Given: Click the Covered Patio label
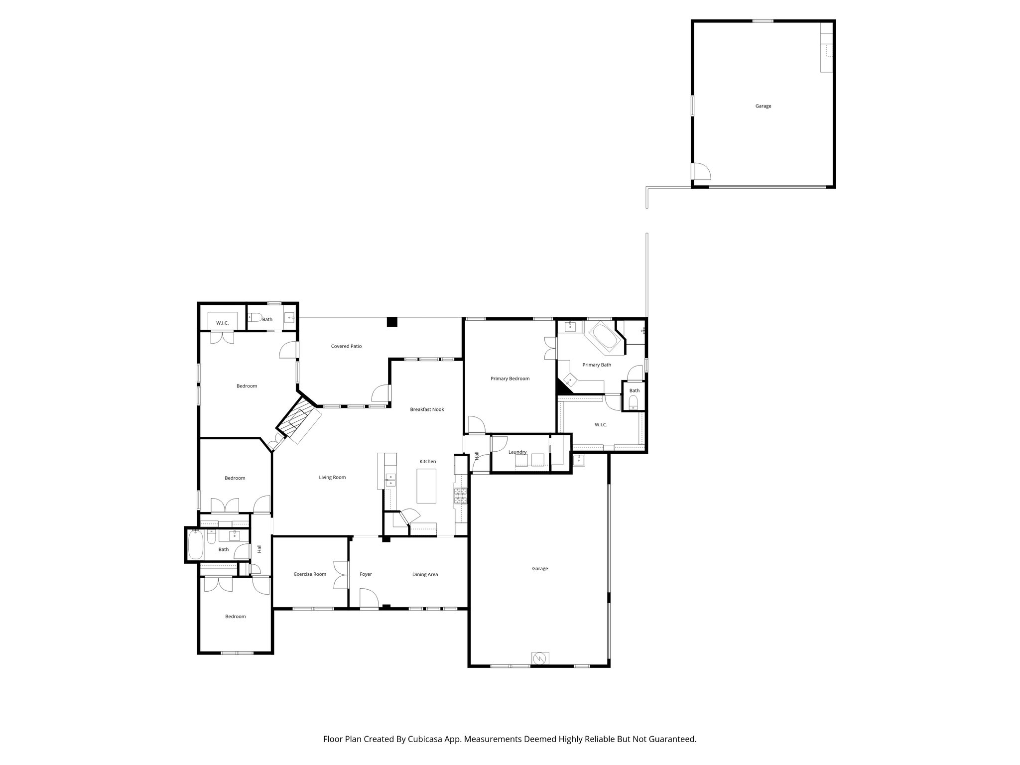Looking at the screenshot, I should point(346,346).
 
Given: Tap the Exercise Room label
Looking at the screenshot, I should point(310,574).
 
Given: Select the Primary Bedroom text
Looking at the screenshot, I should point(510,379).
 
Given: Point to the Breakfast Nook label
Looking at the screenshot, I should point(427,409).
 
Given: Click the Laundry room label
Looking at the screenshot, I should point(517,452).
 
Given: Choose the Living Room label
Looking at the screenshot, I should point(332,477).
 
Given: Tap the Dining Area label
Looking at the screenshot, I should point(425,574).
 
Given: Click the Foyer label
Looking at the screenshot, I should point(366,574).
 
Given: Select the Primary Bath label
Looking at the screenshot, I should point(597,365).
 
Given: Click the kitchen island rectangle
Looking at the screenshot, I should point(426,486).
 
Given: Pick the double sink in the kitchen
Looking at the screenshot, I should point(391,480).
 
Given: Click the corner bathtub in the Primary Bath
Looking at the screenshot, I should point(605,338).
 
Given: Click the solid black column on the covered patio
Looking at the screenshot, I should point(392,322).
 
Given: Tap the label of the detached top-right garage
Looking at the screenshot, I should point(763,106).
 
